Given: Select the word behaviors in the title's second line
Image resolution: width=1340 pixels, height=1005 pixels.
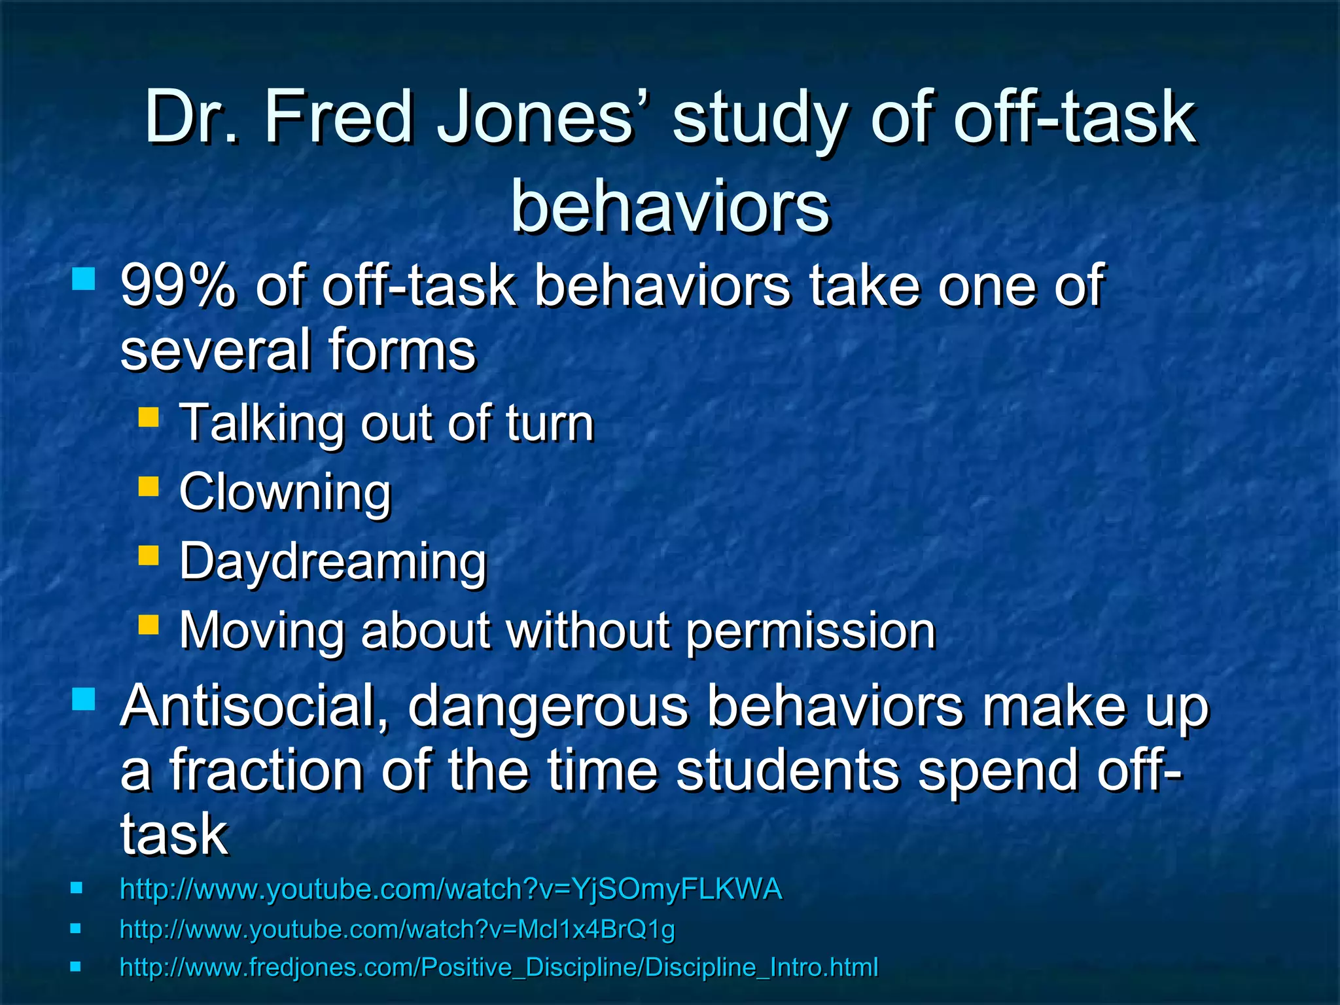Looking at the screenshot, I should pos(670,207).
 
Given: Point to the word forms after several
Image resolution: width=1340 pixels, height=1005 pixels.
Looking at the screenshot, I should pos(402,350).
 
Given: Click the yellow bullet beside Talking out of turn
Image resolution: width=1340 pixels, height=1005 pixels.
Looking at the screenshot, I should pos(149,417).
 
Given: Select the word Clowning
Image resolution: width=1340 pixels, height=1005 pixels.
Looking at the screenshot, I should pos(285,492).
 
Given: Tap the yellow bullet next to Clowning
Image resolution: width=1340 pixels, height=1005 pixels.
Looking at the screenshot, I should pos(149,486).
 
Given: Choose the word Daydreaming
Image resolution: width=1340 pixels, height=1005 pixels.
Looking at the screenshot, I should pos(333,561).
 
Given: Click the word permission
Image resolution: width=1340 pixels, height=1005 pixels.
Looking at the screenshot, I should pos(811,631).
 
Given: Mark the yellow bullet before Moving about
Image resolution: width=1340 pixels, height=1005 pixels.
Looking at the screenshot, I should pos(149,624).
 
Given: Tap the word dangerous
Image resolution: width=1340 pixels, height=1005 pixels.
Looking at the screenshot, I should pos(548,707).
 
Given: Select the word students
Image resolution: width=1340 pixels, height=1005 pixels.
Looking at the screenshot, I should pos(788,770).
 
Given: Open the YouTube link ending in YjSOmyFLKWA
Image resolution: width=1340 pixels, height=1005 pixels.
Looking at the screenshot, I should pos(451,889).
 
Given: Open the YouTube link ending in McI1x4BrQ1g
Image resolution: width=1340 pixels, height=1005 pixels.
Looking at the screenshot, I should pos(397,929).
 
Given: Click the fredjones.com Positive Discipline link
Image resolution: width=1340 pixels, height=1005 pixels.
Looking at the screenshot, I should pos(499,967).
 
